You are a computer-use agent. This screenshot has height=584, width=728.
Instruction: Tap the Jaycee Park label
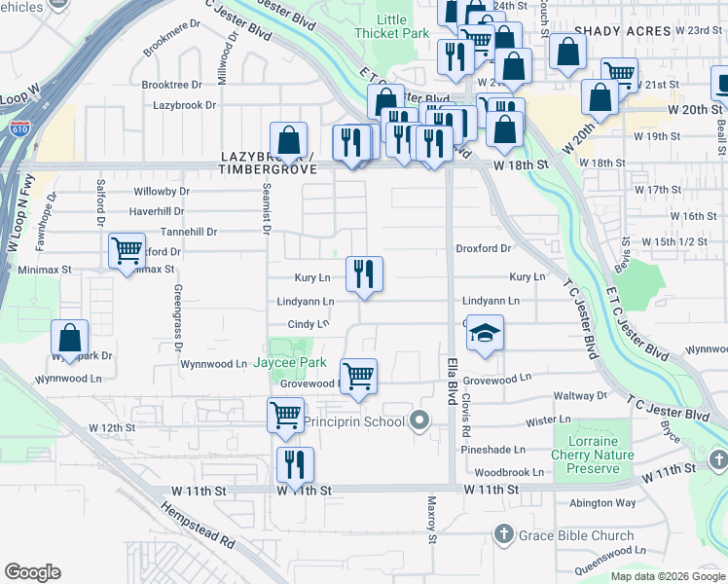click(290, 363)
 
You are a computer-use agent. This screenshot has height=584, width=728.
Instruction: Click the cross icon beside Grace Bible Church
click(503, 534)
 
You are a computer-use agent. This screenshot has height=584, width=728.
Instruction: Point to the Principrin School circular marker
click(419, 421)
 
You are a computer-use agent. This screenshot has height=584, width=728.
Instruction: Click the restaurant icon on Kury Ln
click(364, 273)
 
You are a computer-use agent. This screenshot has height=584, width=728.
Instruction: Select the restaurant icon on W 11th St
click(295, 464)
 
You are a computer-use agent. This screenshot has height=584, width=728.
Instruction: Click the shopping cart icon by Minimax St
click(127, 251)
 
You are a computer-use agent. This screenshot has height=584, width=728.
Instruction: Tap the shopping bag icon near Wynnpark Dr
click(70, 339)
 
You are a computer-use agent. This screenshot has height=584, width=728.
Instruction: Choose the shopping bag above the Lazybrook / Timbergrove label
click(288, 140)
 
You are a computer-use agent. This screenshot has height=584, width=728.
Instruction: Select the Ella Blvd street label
click(452, 379)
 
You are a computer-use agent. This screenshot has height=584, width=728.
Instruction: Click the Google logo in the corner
click(32, 572)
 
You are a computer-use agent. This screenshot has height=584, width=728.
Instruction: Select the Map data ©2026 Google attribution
click(667, 576)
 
